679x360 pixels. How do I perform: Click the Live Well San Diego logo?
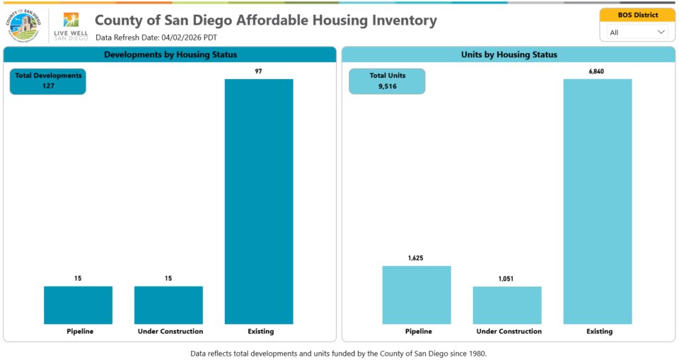pyautogui.click(x=71, y=26)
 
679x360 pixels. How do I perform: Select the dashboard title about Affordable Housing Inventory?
pyautogui.click(x=265, y=21)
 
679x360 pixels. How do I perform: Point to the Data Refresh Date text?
pyautogui.click(x=156, y=37)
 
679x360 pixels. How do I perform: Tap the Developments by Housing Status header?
pyautogui.click(x=170, y=54)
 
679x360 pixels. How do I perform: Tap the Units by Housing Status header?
pyautogui.click(x=508, y=54)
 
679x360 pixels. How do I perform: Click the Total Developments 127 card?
pyautogui.click(x=48, y=81)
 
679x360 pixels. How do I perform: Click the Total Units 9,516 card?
pyautogui.click(x=387, y=81)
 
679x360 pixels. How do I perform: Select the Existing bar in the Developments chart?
pyautogui.click(x=259, y=202)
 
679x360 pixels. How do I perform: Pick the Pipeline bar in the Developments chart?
pyautogui.click(x=78, y=305)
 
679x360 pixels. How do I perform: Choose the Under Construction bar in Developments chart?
pyautogui.click(x=168, y=305)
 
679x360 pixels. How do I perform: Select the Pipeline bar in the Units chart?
pyautogui.click(x=417, y=295)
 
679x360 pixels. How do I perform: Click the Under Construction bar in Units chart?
pyautogui.click(x=507, y=305)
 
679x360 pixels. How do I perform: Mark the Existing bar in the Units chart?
pyautogui.click(x=598, y=202)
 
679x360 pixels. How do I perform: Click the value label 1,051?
pyautogui.click(x=507, y=279)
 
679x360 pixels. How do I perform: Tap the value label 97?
pyautogui.click(x=259, y=71)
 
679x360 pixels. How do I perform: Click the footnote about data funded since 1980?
pyautogui.click(x=339, y=352)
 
